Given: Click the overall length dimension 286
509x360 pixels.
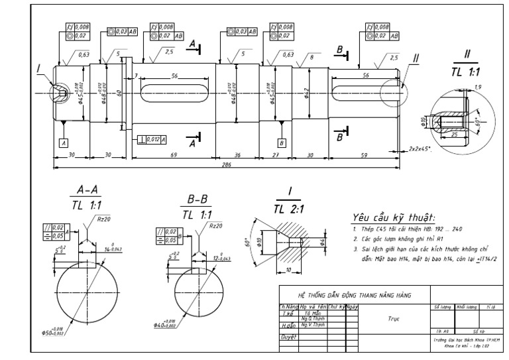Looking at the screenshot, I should pyautogui.click(x=227, y=165).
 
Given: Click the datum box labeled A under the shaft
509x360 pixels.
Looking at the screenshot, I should pyautogui.click(x=64, y=143).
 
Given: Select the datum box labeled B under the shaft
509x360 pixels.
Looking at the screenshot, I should pyautogui.click(x=282, y=143).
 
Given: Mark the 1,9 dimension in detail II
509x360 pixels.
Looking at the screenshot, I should pyautogui.click(x=461, y=87).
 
